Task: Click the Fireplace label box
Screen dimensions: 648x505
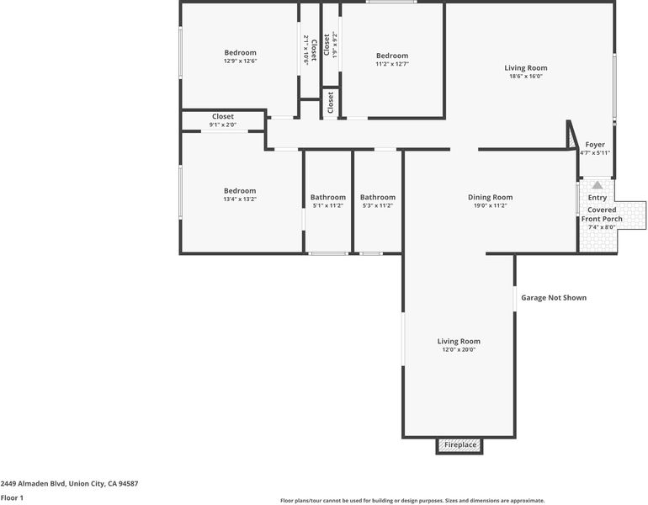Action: click(x=459, y=445)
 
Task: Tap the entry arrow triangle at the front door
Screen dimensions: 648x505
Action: click(x=598, y=184)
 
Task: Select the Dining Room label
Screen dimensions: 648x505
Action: click(x=490, y=197)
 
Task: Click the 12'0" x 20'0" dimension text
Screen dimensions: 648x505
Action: click(x=459, y=349)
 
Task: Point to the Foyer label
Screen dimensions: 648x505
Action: click(x=595, y=145)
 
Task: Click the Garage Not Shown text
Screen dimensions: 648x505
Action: click(x=554, y=298)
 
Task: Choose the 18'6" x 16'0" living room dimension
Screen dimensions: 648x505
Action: click(x=526, y=77)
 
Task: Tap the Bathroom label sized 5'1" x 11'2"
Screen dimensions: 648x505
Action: click(x=328, y=197)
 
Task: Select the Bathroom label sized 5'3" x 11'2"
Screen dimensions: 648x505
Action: click(x=378, y=197)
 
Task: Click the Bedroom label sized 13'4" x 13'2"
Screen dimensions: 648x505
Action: click(x=240, y=190)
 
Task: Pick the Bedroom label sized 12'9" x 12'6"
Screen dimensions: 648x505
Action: click(x=240, y=52)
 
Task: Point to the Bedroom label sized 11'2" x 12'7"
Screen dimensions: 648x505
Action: click(x=392, y=56)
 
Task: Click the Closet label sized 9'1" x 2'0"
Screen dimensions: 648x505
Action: click(x=223, y=116)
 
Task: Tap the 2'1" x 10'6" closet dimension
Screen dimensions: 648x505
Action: click(x=306, y=50)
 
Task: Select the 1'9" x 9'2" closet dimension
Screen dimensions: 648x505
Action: click(x=335, y=45)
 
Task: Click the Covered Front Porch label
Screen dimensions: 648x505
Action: click(x=602, y=214)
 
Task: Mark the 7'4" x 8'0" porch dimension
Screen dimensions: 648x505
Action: click(x=602, y=227)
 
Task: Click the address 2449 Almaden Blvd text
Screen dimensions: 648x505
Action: click(x=33, y=483)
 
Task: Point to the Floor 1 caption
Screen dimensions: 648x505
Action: click(x=12, y=497)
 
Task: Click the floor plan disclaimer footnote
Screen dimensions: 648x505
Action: click(x=412, y=501)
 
